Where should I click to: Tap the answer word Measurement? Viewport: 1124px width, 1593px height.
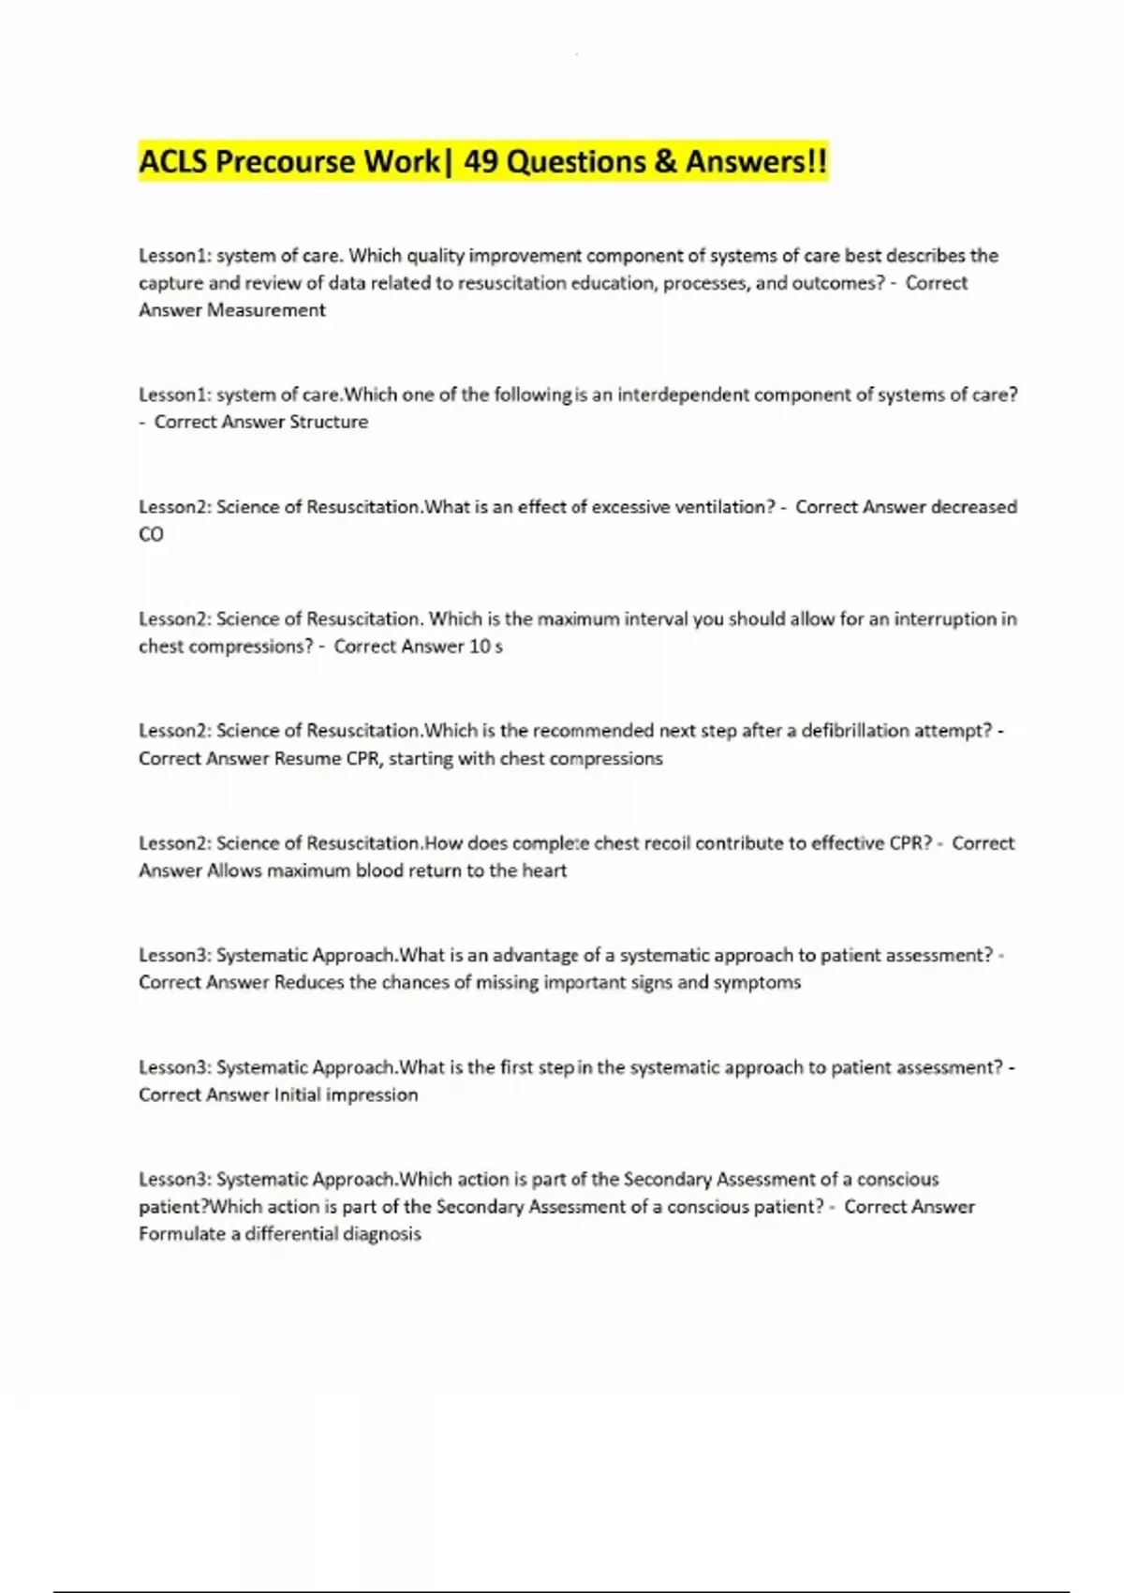[266, 310]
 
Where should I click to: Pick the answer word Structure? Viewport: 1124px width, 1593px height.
[328, 422]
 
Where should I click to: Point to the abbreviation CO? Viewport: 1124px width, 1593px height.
[151, 534]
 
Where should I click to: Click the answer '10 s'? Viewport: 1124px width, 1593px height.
[485, 647]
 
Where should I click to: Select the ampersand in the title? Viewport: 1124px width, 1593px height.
[665, 162]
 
